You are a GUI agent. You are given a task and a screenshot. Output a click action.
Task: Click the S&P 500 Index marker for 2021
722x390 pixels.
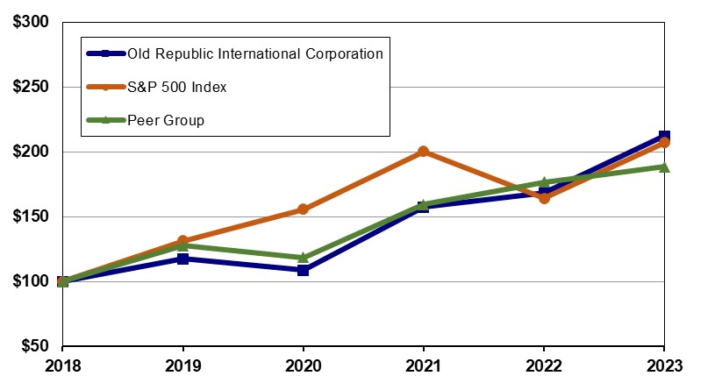[x=424, y=152]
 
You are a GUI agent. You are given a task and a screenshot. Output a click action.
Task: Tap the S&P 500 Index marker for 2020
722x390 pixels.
[x=303, y=209]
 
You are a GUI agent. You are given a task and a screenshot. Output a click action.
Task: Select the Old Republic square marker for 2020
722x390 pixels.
[x=303, y=270]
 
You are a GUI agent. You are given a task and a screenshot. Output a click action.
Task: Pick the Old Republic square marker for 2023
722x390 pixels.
[x=664, y=137]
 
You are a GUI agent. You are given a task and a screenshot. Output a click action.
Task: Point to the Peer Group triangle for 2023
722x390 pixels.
[x=664, y=167]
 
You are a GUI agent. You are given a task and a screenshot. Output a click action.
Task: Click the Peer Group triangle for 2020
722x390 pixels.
[x=303, y=258]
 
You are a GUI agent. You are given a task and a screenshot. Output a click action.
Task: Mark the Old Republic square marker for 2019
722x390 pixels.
[x=182, y=259]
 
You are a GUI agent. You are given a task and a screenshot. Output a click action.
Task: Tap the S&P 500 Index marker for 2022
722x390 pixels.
[x=544, y=198]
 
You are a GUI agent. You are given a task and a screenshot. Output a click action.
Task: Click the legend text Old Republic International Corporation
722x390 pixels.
[x=255, y=53]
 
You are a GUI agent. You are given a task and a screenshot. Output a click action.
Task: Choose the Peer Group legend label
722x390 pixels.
[x=166, y=120]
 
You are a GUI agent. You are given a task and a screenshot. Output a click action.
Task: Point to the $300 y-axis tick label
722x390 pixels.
[x=32, y=22]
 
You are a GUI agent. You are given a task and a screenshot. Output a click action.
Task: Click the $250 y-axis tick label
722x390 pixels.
[x=32, y=87]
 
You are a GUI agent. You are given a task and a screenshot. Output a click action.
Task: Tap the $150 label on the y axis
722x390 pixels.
[x=32, y=216]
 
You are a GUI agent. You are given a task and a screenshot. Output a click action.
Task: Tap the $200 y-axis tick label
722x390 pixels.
[x=32, y=152]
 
